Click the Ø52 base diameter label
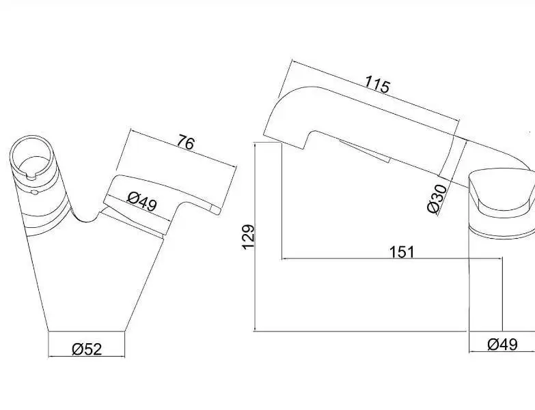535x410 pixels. click(x=87, y=349)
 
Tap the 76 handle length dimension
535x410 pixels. click(x=186, y=143)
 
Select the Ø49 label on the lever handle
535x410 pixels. click(x=142, y=202)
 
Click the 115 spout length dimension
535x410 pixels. click(x=376, y=84)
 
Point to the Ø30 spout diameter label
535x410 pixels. click(x=437, y=199)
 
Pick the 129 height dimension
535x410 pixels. click(x=248, y=237)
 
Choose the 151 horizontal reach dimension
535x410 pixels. click(x=402, y=252)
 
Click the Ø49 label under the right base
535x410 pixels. click(x=503, y=345)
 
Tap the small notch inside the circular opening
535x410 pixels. click(x=31, y=176)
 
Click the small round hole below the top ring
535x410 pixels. click(x=34, y=192)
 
